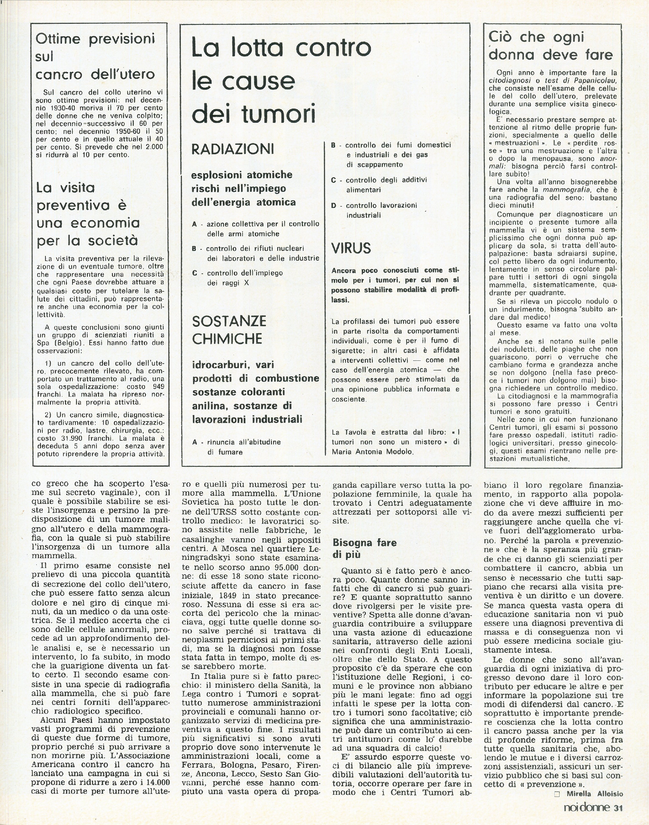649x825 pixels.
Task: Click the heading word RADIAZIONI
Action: (233, 149)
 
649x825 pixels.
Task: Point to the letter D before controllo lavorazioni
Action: (334, 206)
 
